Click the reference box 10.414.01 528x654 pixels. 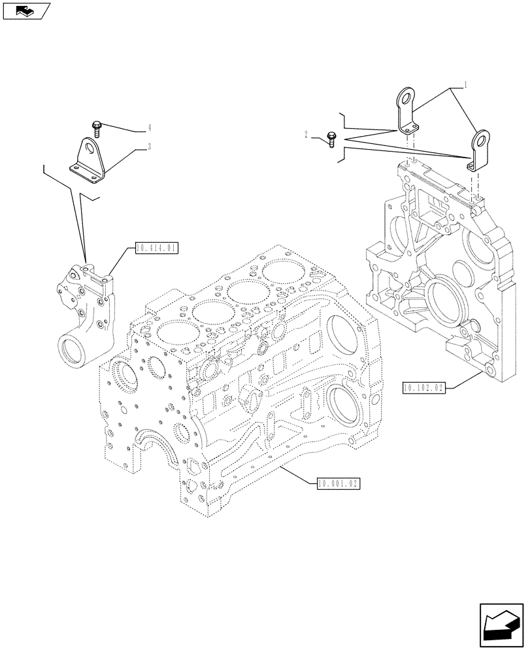[156, 248]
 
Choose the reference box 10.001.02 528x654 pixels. [338, 483]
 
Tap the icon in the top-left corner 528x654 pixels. [25, 11]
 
